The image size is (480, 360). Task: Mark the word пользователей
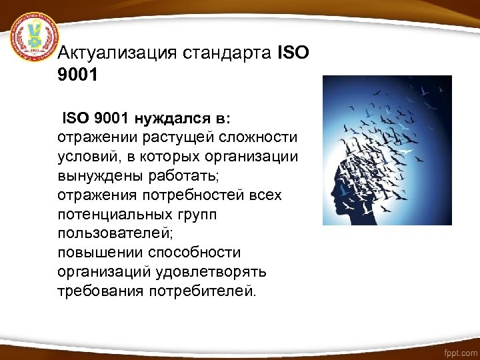pos(109,235)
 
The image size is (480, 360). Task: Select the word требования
pos(101,292)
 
